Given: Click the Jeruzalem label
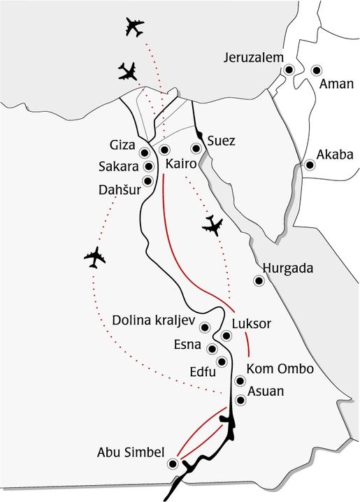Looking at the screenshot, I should pyautogui.click(x=252, y=58).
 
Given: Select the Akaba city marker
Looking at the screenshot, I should pyautogui.click(x=308, y=166).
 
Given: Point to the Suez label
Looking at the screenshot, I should pyautogui.click(x=220, y=141).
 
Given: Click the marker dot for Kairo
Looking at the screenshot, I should pyautogui.click(x=164, y=150).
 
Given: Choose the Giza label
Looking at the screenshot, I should pyautogui.click(x=123, y=145).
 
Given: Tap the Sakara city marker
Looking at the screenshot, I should pyautogui.click(x=148, y=166).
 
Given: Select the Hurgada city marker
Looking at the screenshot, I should pyautogui.click(x=258, y=281).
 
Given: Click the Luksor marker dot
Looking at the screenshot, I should pyautogui.click(x=226, y=336).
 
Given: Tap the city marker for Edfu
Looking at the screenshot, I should pyautogui.click(x=222, y=361).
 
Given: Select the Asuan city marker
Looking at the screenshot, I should pyautogui.click(x=240, y=400).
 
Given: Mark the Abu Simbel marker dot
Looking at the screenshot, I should pyautogui.click(x=172, y=463).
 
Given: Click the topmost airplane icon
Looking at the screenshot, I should pyautogui.click(x=134, y=28).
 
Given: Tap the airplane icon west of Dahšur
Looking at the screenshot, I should pyautogui.click(x=94, y=257).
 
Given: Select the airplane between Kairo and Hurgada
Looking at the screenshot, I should pyautogui.click(x=212, y=225).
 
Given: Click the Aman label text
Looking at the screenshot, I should pyautogui.click(x=333, y=84).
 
